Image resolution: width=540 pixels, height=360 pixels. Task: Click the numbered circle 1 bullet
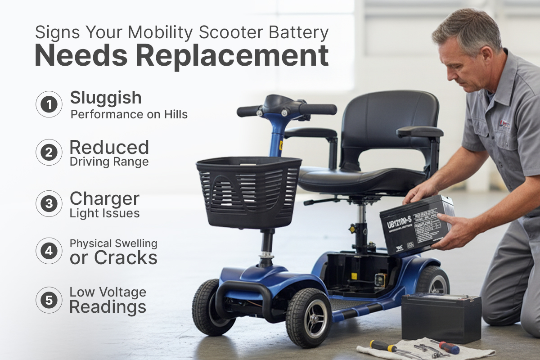click(49, 105)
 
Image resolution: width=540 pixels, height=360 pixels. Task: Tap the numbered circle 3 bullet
click(49, 204)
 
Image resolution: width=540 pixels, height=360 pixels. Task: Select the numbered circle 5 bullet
click(49, 300)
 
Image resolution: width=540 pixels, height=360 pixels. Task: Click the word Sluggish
click(106, 98)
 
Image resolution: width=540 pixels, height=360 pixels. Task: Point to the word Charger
click(104, 199)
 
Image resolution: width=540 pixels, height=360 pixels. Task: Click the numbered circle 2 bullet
click(49, 153)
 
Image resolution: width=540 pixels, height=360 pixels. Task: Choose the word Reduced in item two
click(109, 148)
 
